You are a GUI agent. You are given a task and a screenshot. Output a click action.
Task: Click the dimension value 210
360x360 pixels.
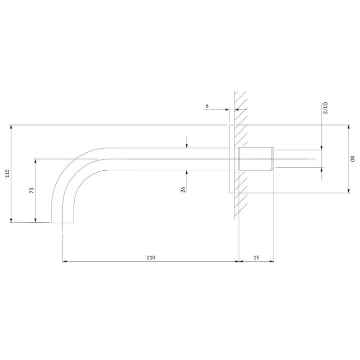click(151, 258)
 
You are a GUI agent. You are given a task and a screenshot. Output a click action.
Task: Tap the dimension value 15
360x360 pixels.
click(256, 258)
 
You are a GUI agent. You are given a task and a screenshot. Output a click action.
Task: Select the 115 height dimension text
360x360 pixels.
click(8, 173)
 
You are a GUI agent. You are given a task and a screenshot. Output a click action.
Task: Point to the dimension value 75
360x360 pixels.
click(32, 190)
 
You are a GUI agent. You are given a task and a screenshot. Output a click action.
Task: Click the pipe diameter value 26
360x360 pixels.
click(183, 189)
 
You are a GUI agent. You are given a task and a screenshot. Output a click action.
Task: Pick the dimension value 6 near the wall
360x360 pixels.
click(207, 106)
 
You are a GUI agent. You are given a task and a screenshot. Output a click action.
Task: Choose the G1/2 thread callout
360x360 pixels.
click(326, 108)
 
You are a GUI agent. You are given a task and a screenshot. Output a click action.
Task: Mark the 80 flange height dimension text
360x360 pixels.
click(352, 159)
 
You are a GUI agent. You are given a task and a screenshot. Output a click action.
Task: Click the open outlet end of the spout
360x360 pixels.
click(63, 223)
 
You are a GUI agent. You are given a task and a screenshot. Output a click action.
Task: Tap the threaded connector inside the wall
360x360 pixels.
click(257, 158)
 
